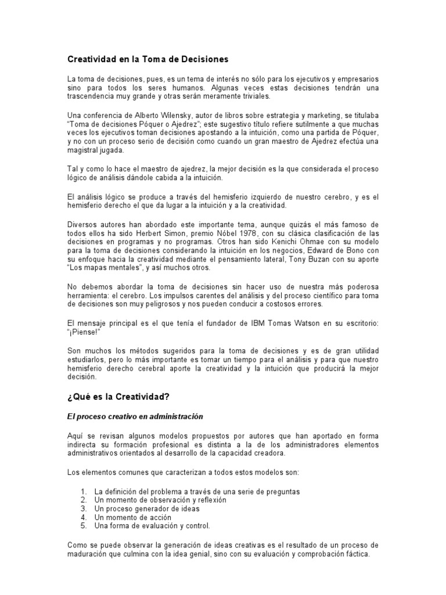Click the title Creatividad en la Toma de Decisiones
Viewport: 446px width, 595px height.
click(x=149, y=59)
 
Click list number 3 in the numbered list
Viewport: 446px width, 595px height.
click(x=84, y=508)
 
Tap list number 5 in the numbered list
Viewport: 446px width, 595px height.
click(x=84, y=526)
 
